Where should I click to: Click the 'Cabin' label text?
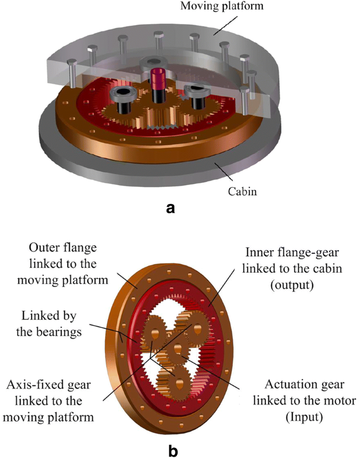242,191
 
